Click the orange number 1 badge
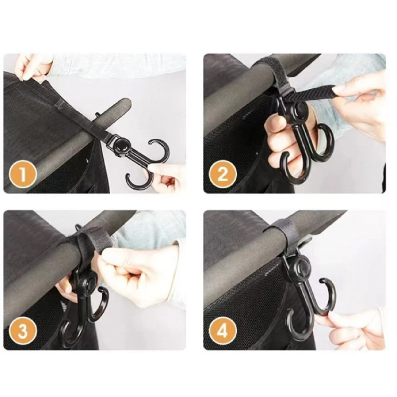(x=23, y=174)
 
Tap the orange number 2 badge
(x=223, y=174)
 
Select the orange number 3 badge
(x=23, y=330)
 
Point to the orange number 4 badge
(x=223, y=331)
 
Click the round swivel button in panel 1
(x=122, y=146)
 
